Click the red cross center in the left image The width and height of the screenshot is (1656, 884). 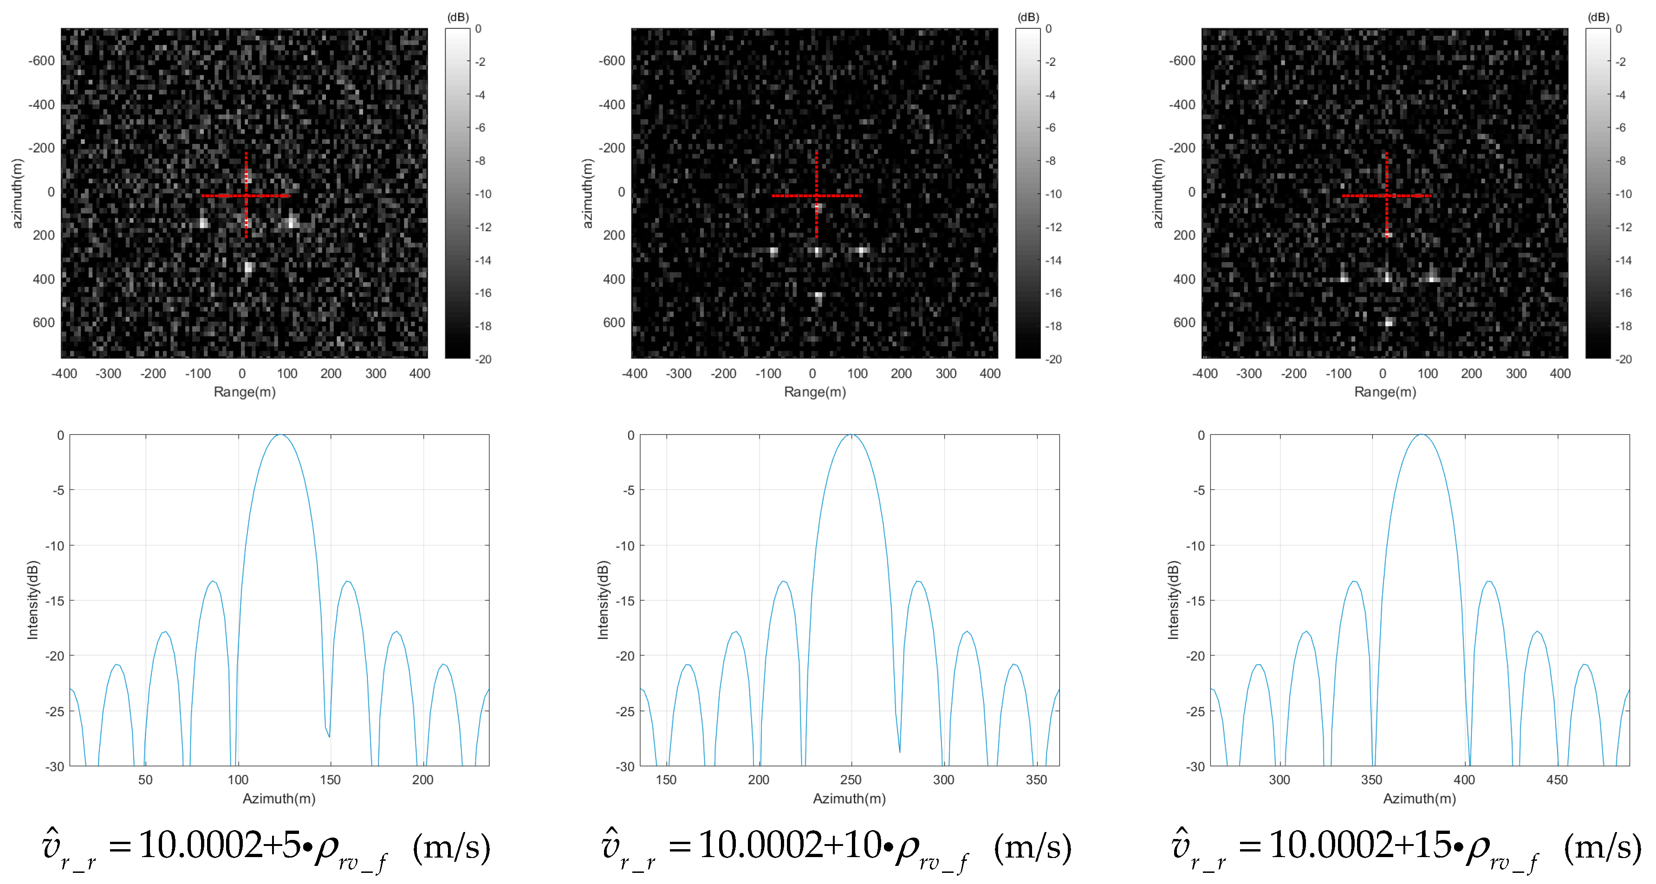pos(246,195)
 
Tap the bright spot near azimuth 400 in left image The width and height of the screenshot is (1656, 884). pos(248,268)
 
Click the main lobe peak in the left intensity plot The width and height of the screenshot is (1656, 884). pos(280,436)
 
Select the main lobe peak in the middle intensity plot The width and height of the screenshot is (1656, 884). pos(851,436)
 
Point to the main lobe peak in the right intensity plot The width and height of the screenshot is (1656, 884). pos(1422,436)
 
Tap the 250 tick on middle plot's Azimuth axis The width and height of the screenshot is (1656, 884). pos(851,779)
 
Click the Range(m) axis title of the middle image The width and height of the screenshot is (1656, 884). pos(814,392)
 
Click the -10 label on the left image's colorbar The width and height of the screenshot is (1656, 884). pos(482,194)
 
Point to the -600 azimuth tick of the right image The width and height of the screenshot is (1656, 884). pos(1182,61)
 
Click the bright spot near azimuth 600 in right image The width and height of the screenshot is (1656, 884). pos(1389,322)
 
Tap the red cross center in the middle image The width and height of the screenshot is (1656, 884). pos(817,195)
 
